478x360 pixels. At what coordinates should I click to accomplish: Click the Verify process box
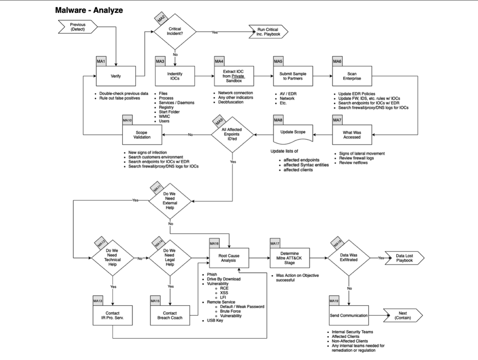(116, 76)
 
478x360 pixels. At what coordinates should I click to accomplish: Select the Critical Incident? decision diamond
(175, 32)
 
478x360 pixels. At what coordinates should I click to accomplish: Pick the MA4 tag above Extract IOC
(219, 61)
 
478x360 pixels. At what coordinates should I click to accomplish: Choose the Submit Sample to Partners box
(293, 76)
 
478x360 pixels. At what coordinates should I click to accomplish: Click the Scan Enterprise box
(352, 76)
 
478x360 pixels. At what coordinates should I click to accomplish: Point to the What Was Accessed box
(352, 135)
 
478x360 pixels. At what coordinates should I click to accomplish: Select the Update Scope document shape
(293, 132)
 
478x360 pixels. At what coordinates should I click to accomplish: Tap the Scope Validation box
(142, 135)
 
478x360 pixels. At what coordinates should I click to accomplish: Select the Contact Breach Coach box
(170, 316)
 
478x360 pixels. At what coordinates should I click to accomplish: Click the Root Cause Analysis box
(229, 258)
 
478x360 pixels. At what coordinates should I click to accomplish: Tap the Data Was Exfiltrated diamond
(349, 258)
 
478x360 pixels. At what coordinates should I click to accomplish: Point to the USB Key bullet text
(215, 321)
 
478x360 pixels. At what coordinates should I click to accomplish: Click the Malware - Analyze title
(89, 10)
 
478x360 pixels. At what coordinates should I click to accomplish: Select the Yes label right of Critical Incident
(215, 32)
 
